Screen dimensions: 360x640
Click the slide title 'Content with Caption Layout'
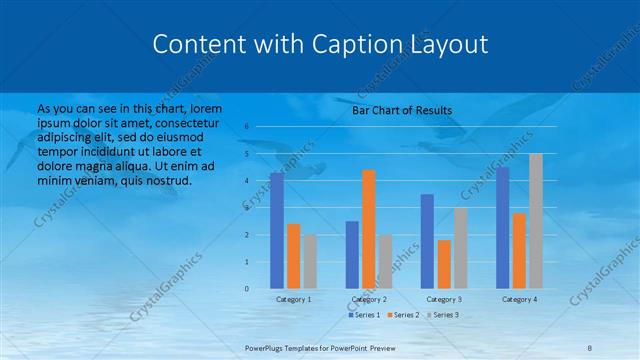pyautogui.click(x=320, y=44)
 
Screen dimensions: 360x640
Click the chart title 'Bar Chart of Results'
pyautogui.click(x=402, y=110)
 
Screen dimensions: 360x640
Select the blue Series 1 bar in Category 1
pyautogui.click(x=277, y=231)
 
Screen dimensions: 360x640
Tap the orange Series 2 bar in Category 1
pyautogui.click(x=293, y=256)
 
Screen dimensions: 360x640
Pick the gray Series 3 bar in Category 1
pyautogui.click(x=310, y=262)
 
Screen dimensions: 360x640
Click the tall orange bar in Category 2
pyautogui.click(x=368, y=229)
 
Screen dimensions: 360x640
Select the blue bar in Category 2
pyautogui.click(x=352, y=255)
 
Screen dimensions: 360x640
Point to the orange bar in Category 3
pyautogui.click(x=444, y=264)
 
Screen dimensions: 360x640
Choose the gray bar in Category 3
pyautogui.click(x=460, y=248)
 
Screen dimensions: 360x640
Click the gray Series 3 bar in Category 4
pyautogui.click(x=535, y=221)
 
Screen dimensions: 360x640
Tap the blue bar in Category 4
pyautogui.click(x=502, y=228)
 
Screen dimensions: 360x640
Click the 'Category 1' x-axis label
pyautogui.click(x=293, y=299)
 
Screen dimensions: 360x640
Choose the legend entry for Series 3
pyautogui.click(x=443, y=315)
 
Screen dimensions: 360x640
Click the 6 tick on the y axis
pyautogui.click(x=246, y=127)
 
